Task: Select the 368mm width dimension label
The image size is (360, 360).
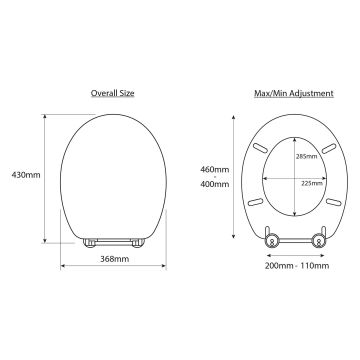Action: (115, 259)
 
